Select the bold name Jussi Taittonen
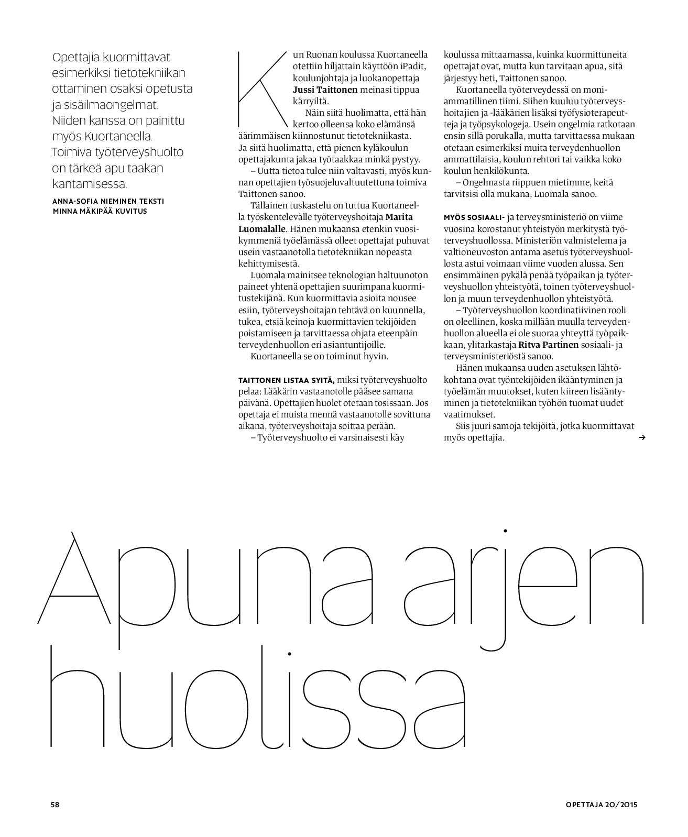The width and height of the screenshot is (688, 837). (325, 90)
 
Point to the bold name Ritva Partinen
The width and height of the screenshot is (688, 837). (549, 345)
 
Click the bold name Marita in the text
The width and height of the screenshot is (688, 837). (399, 217)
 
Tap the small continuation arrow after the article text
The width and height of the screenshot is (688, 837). (642, 437)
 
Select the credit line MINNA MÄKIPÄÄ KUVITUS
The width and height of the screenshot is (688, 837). (100, 211)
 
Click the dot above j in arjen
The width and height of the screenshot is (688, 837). (506, 531)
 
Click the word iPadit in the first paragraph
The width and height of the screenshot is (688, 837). (414, 66)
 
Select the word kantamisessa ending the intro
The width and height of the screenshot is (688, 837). (89, 184)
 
